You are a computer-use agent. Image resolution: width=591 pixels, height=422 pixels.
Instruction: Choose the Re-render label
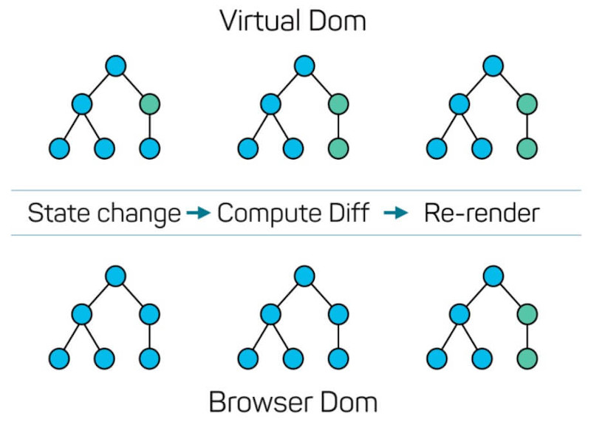click(481, 214)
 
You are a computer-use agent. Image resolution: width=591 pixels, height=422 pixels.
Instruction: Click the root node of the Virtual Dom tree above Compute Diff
click(304, 67)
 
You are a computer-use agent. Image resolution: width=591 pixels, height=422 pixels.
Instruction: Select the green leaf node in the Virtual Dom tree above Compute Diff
click(338, 149)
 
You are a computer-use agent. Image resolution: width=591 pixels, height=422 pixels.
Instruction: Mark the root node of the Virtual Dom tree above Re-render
click(493, 67)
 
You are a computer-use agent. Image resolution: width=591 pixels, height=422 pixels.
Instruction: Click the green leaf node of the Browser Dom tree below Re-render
click(527, 360)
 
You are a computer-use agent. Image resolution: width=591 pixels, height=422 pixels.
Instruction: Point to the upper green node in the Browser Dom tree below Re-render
click(527, 314)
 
